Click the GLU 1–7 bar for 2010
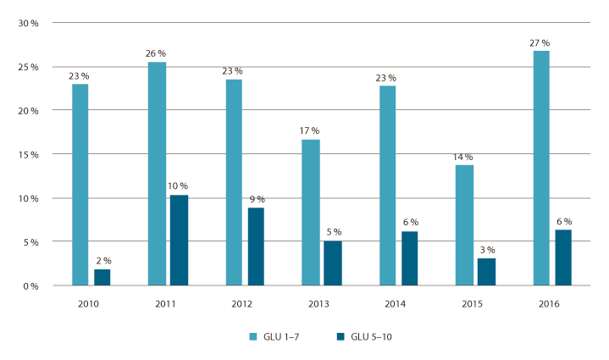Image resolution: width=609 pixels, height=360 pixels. point(80,185)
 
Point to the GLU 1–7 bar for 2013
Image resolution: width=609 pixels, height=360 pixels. point(312,213)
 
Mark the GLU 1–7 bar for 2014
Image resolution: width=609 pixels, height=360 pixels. point(388,186)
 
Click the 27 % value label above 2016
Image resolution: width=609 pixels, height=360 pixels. point(540,42)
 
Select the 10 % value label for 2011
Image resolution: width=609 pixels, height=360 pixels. point(179,186)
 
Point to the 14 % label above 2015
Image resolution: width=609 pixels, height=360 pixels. point(463,157)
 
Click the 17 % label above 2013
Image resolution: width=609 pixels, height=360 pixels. point(309,130)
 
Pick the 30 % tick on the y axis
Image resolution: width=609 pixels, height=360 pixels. point(30,24)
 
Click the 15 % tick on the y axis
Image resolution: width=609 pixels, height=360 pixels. point(30,154)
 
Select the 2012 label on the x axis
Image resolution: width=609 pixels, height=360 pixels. point(245,302)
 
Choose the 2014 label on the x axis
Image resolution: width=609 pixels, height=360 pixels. point(398,302)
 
